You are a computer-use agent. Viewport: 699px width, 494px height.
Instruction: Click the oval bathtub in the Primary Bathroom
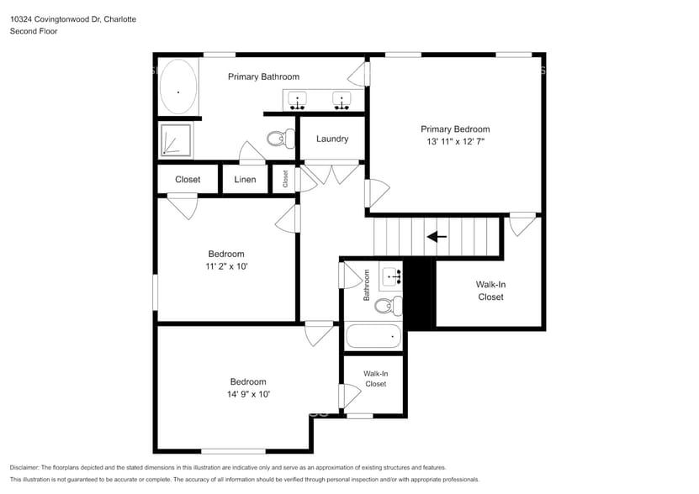pos(178,87)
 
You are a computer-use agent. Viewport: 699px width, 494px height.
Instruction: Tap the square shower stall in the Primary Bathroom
pos(176,139)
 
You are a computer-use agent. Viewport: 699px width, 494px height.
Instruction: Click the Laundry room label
pos(332,139)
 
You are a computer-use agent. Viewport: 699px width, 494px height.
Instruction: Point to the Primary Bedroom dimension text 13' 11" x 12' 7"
pos(455,142)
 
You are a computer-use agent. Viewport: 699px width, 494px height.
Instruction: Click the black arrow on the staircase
pos(437,237)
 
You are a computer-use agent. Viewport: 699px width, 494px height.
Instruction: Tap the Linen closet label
pos(245,179)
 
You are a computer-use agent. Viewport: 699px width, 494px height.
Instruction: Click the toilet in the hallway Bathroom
pos(388,306)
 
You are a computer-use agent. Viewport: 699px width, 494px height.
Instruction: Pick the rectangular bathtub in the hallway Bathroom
pos(373,337)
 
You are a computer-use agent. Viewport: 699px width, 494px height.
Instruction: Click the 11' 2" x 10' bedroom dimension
pos(226,266)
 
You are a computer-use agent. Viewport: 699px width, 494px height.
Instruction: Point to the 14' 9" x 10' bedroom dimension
pos(248,393)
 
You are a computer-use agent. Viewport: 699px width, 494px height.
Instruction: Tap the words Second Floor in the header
pos(34,31)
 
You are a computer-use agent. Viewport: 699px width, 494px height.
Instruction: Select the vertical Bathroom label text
pos(367,286)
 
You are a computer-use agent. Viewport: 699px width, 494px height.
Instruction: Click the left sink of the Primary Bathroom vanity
pos(298,101)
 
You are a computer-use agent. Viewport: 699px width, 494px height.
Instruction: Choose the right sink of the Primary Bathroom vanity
pos(342,101)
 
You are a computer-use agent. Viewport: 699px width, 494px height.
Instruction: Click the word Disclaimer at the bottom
pos(26,467)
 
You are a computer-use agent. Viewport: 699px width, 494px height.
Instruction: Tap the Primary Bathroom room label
pos(263,76)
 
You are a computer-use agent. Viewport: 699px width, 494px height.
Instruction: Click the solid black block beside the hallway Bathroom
pos(418,294)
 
